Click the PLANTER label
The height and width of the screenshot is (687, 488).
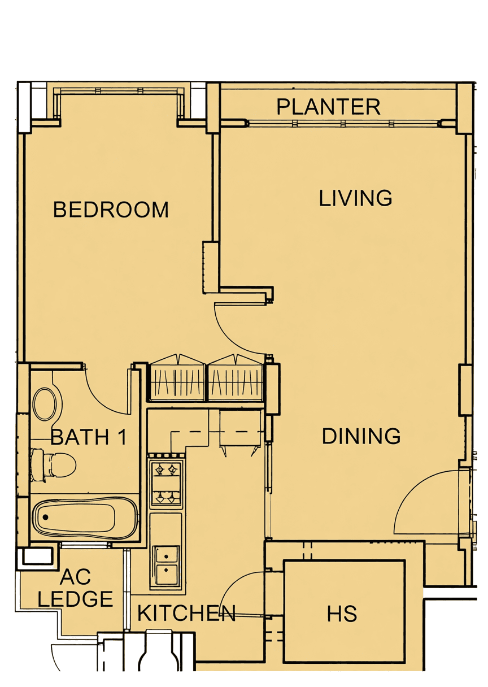(328, 107)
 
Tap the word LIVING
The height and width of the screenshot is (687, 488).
(356, 198)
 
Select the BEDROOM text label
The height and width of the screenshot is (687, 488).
(111, 210)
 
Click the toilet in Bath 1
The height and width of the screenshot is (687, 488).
(53, 467)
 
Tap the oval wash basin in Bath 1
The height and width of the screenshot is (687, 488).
(45, 404)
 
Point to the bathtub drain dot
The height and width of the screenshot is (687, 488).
(45, 518)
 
